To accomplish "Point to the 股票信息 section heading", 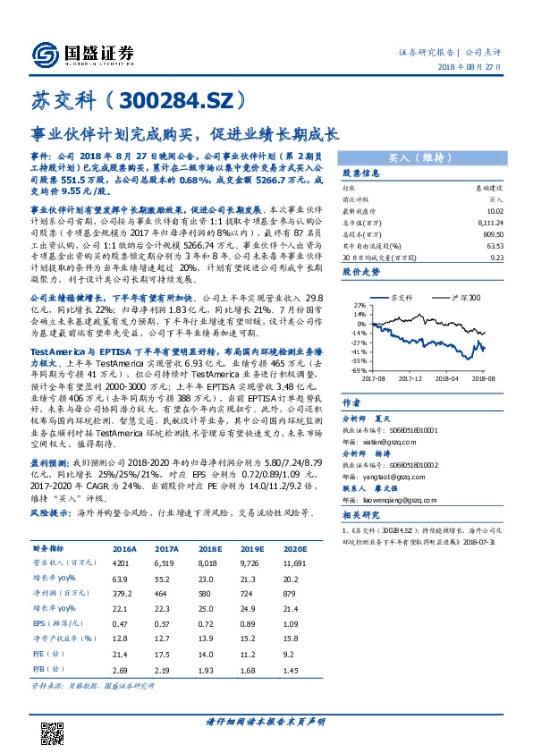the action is [362, 173].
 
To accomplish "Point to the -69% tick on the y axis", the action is [356, 369].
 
